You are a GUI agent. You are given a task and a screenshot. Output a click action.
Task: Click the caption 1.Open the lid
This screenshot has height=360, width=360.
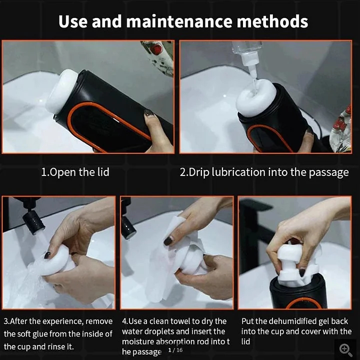pos(75,172)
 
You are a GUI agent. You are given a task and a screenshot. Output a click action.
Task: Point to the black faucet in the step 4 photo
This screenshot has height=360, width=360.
pos(127,222)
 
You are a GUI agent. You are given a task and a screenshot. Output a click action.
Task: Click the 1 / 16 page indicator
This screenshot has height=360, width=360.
pos(175,350)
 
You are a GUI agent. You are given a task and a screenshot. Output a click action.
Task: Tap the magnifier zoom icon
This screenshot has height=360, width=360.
pos(345,349)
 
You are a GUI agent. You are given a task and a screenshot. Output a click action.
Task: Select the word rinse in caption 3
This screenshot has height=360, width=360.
pos(65,346)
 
